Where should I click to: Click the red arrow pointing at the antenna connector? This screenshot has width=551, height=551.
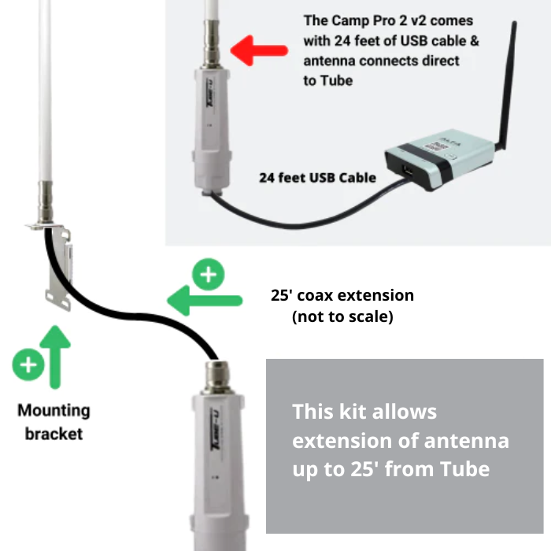point(259,50)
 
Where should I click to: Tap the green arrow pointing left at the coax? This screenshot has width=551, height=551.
point(205,301)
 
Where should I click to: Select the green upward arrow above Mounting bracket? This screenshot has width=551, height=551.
point(55,357)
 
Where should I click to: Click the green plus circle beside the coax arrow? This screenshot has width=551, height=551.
point(209,274)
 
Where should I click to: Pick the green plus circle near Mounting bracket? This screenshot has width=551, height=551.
point(28,364)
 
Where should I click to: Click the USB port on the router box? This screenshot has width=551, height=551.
point(409,172)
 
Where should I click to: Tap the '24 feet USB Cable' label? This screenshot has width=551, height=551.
point(318,178)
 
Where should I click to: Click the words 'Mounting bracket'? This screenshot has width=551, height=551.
point(54,422)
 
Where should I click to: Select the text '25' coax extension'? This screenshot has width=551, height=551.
point(342,295)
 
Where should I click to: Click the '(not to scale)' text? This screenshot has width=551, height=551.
point(342,316)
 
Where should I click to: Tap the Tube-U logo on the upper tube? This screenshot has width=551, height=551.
point(210,94)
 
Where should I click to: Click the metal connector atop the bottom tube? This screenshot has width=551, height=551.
point(217,377)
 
